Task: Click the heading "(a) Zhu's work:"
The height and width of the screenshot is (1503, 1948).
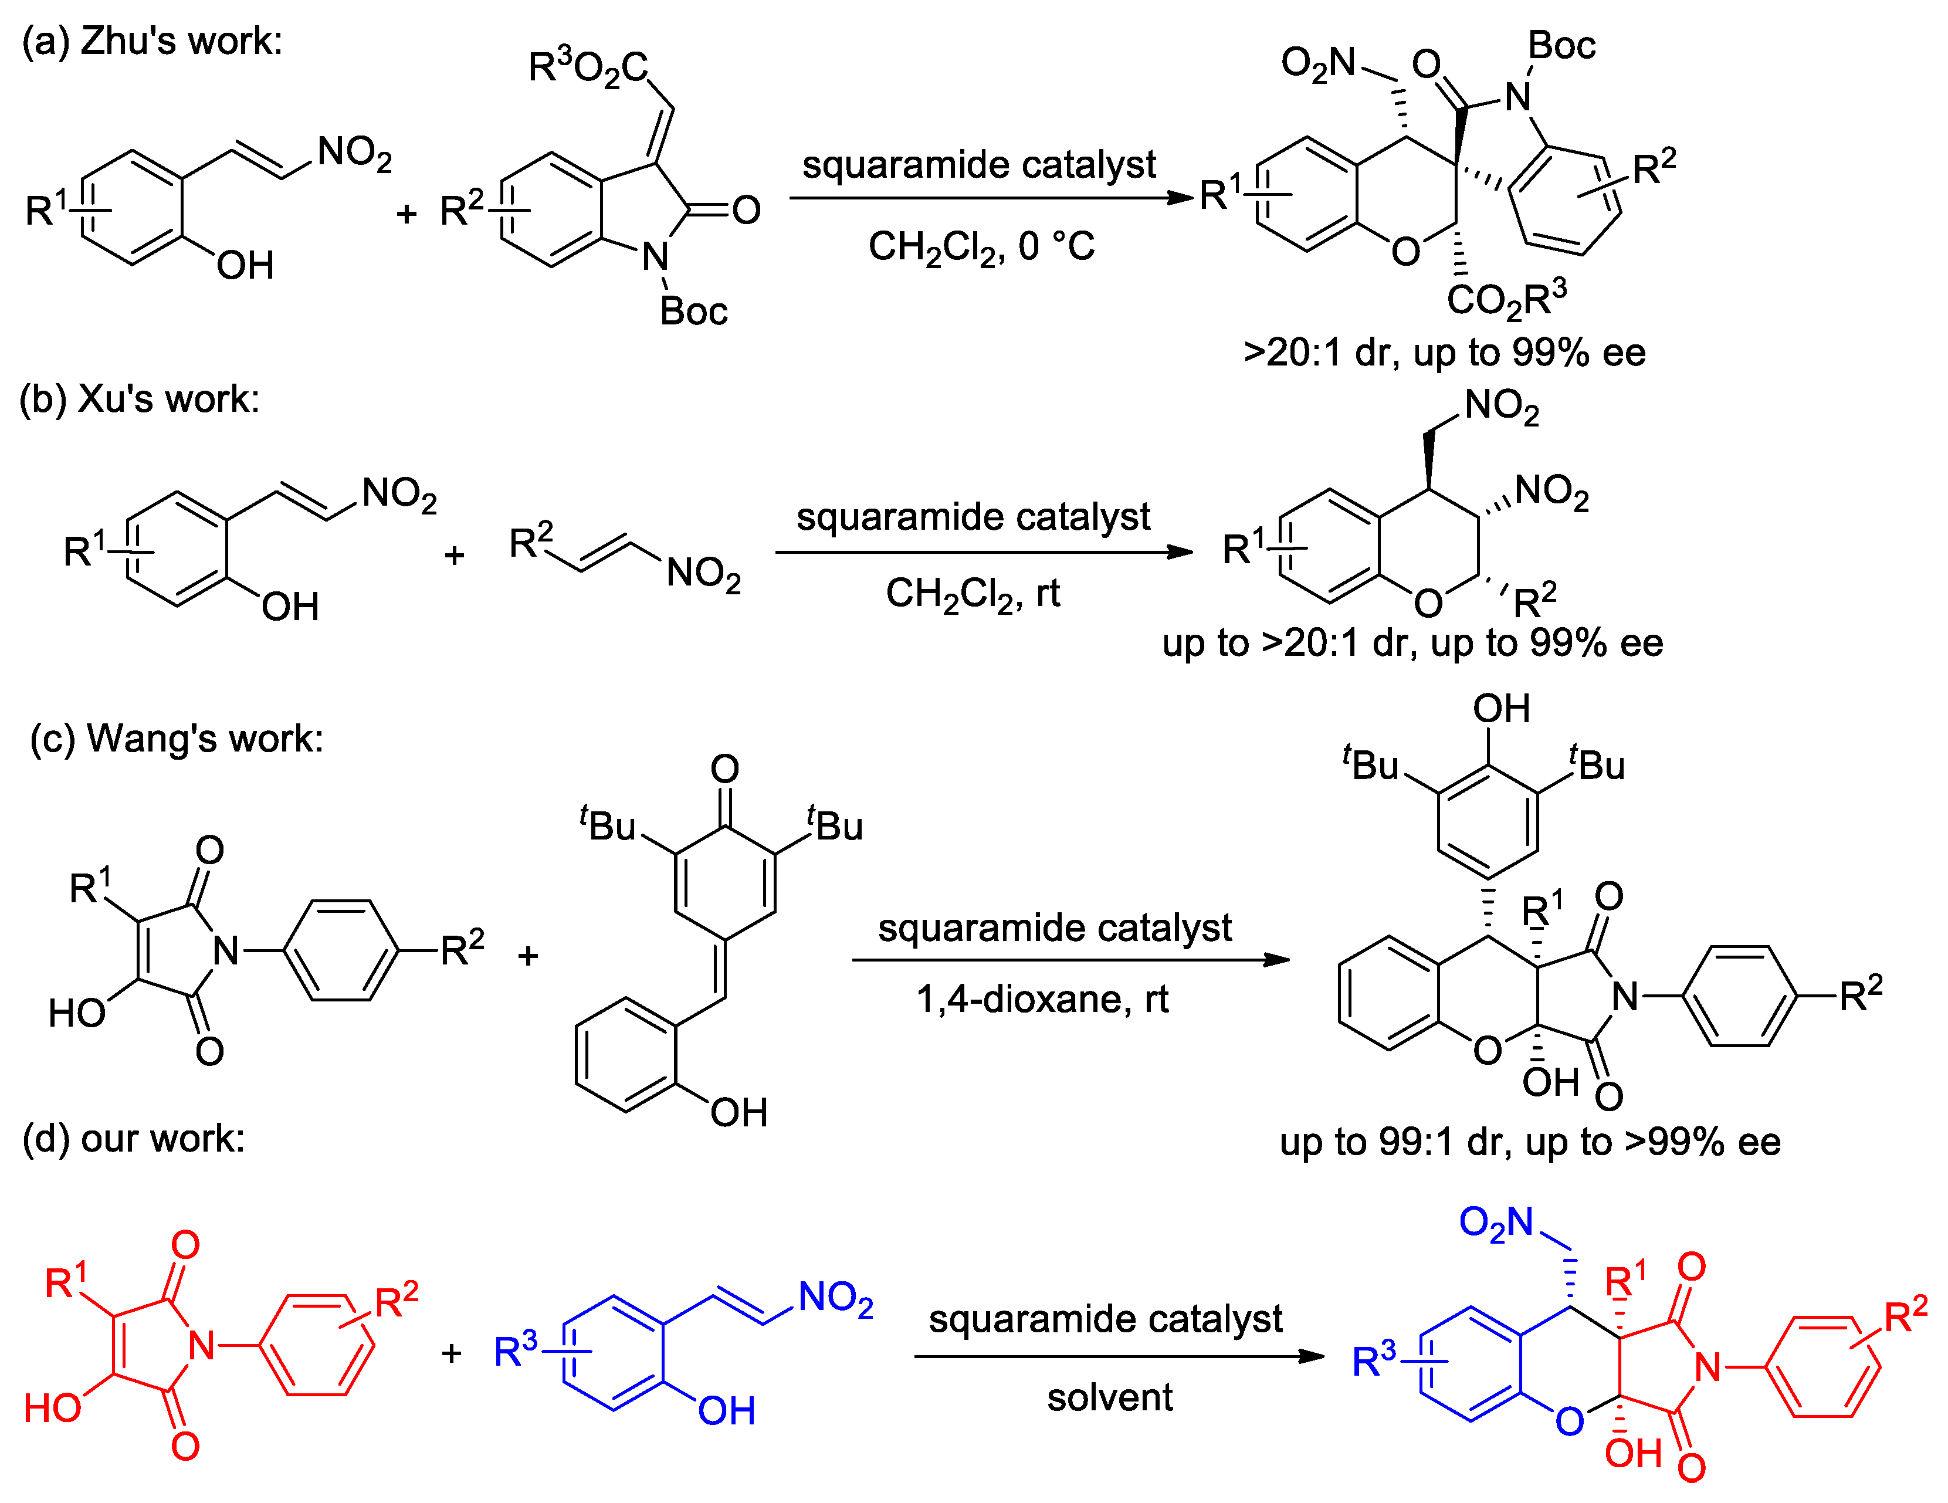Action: click(152, 41)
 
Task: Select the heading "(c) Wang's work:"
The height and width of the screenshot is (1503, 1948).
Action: click(177, 739)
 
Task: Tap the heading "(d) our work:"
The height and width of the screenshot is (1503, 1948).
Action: click(134, 1139)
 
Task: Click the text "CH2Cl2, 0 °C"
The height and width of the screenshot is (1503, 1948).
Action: click(981, 246)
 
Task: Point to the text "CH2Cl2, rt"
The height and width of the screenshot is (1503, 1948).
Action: click(972, 593)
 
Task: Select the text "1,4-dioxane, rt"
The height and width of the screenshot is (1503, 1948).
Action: click(1042, 999)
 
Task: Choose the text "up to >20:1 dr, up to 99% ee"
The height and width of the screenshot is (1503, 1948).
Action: click(1412, 643)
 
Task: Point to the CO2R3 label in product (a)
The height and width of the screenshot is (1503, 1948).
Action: click(1506, 299)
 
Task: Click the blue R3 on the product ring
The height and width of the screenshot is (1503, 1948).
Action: click(1374, 1361)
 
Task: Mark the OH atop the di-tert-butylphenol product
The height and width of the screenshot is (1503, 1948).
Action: click(1501, 709)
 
